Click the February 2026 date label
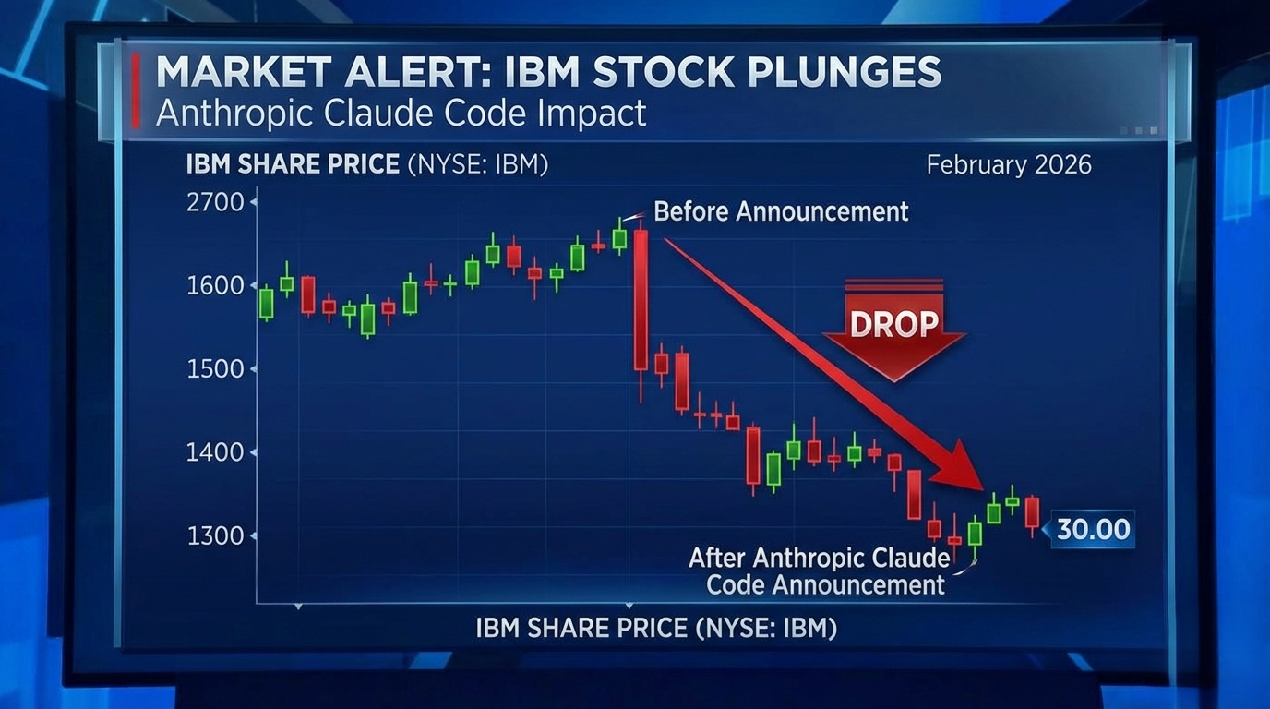tap(1008, 165)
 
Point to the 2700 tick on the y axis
tap(215, 202)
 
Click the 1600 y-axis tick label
tap(215, 285)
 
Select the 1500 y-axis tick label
tap(215, 369)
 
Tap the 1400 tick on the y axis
tap(215, 452)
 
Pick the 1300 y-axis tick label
tap(215, 535)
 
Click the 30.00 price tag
tap(1093, 529)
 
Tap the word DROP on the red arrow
tap(893, 324)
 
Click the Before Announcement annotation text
tap(781, 211)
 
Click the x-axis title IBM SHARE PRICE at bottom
tap(656, 629)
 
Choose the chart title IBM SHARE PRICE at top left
tap(293, 165)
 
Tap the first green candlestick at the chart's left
tap(266, 303)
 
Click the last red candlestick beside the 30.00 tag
tap(1032, 512)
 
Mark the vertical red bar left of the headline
tap(136, 90)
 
